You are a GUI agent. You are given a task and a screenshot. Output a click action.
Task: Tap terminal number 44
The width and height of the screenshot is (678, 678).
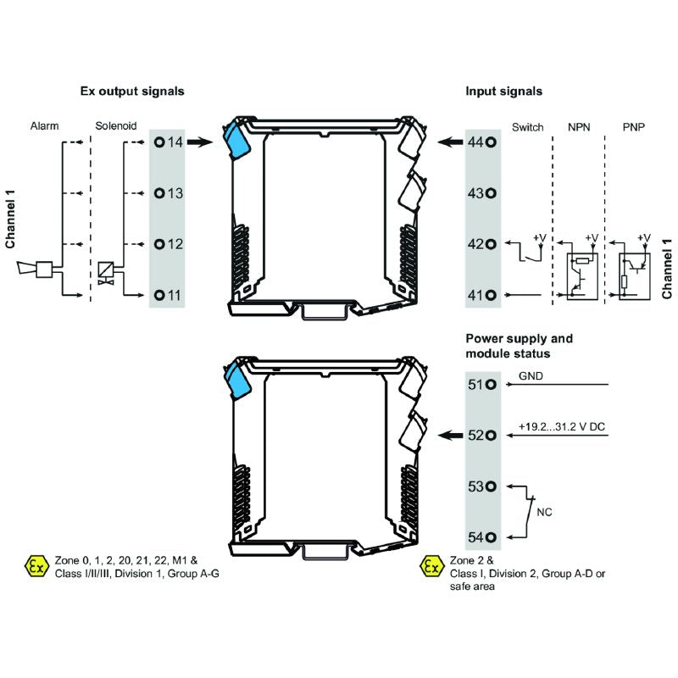coord(481,142)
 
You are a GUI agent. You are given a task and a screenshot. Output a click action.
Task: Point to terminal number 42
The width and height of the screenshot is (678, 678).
coord(481,244)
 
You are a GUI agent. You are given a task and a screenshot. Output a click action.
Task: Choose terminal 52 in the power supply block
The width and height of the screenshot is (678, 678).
coord(481,435)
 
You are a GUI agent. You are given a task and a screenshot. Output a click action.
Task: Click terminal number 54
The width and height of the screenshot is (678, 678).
coord(481,536)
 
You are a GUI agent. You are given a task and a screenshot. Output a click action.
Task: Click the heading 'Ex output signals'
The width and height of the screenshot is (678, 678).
coord(131,91)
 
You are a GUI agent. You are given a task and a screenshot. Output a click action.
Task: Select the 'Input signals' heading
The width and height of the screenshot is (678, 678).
coord(504,91)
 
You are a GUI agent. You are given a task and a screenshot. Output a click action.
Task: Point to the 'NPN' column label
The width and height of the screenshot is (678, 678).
coord(580,127)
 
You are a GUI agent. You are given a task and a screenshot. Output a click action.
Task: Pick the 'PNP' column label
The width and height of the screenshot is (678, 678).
coord(633,127)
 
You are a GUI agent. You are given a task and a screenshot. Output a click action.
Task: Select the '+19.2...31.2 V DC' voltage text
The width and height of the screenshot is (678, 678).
coord(561,426)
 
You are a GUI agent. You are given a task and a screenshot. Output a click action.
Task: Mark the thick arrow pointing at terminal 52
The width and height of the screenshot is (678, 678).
coord(449,435)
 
